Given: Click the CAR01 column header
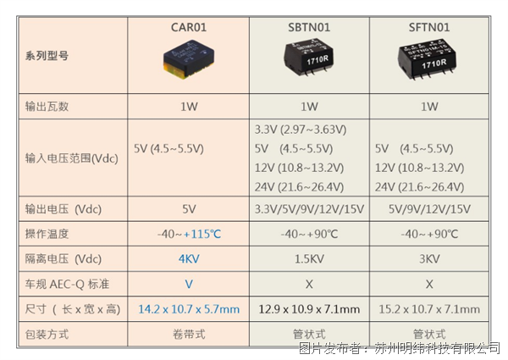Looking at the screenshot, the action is [x=189, y=27].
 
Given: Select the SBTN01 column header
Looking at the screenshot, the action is [x=309, y=27].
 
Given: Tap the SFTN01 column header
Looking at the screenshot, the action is [x=429, y=27].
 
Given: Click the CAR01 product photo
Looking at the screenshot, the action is [x=189, y=59].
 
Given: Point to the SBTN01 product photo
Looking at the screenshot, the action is [x=309, y=58].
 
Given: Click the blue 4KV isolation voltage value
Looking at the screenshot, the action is [x=189, y=259].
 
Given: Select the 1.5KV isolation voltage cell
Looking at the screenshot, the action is [x=309, y=259].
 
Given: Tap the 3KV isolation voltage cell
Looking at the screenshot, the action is [x=429, y=259].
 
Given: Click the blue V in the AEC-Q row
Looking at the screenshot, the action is [x=189, y=284].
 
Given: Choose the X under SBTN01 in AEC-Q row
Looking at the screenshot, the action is [x=309, y=284].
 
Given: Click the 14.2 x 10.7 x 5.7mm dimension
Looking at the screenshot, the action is [x=189, y=309].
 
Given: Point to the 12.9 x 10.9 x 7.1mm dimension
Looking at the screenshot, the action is [x=309, y=309].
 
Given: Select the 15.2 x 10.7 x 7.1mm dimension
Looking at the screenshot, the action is [x=429, y=309].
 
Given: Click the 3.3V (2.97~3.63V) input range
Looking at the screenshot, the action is [x=301, y=130].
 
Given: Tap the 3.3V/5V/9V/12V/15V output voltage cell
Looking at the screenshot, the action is [x=309, y=209].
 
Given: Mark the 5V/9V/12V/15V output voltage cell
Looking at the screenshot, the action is [x=429, y=209].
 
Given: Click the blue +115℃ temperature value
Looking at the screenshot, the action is [x=202, y=234].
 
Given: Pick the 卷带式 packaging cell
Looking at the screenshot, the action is [x=189, y=334].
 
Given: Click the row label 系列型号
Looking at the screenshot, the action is [x=47, y=56].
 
